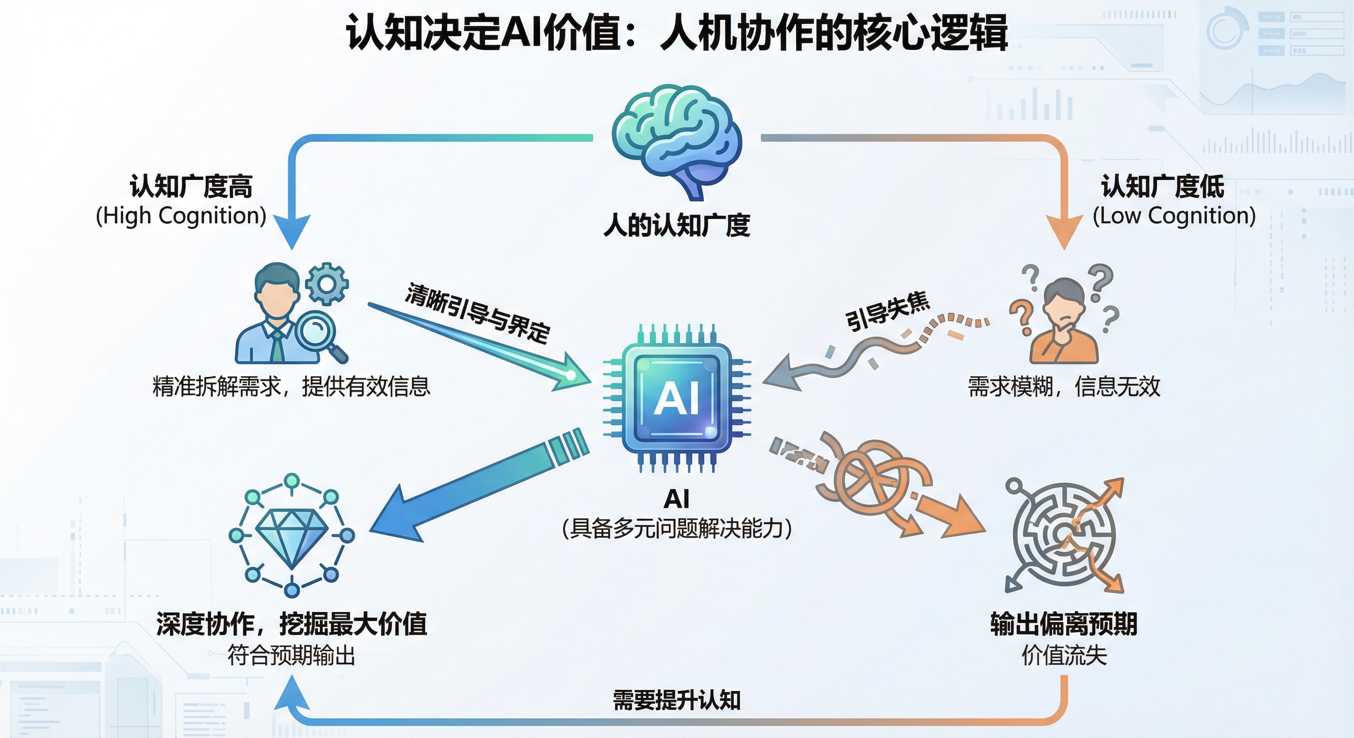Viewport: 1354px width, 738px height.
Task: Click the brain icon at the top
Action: tap(677, 139)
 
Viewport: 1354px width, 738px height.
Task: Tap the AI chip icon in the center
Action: tap(677, 398)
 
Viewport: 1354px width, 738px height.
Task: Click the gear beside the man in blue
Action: tap(327, 284)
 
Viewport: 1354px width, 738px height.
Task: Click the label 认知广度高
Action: tap(191, 186)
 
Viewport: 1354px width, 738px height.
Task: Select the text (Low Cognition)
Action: tap(1174, 216)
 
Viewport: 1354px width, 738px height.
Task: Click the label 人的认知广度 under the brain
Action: tap(677, 225)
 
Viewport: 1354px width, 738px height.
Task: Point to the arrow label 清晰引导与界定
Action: tap(477, 314)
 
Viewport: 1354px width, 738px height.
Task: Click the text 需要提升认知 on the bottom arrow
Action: tap(677, 700)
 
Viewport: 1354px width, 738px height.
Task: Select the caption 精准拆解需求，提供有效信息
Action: tap(291, 387)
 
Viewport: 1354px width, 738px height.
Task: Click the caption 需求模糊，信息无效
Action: tap(1064, 387)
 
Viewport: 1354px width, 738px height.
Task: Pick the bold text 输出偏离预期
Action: tap(1064, 625)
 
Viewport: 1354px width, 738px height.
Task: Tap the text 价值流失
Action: tap(1064, 655)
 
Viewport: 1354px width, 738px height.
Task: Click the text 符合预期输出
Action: tap(291, 655)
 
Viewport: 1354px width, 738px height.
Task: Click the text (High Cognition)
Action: tap(181, 216)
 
